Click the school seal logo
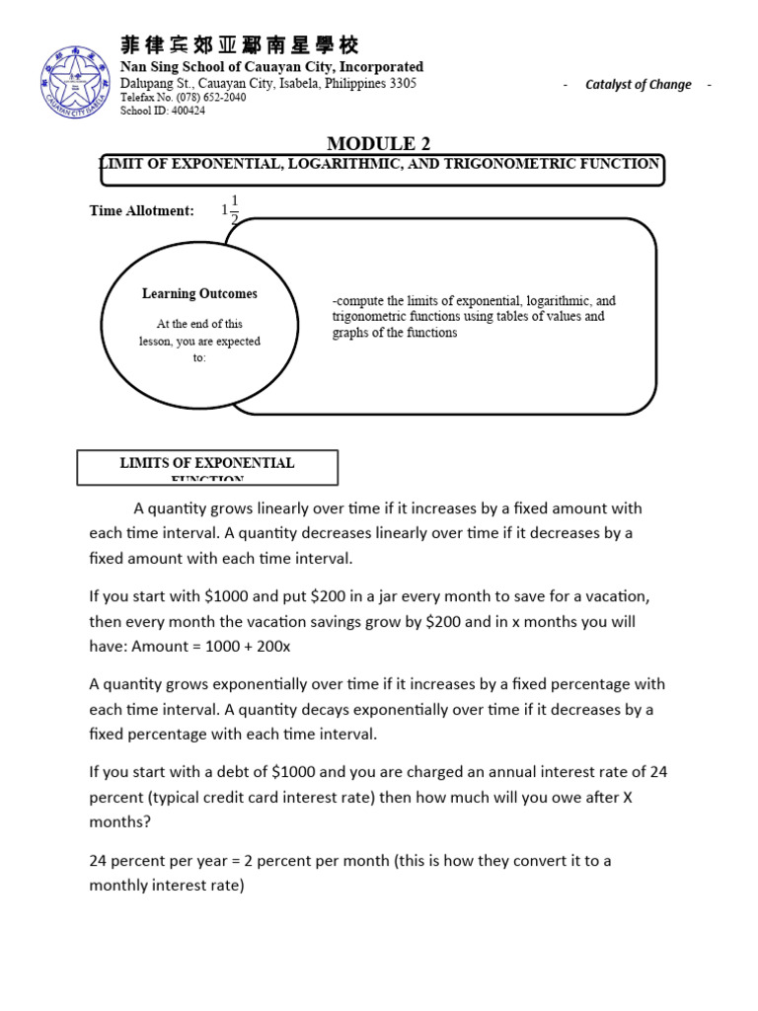77,81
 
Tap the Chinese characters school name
240,45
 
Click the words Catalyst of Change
638,85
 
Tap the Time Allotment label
141,210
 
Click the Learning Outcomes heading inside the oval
199,293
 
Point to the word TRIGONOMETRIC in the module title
520,164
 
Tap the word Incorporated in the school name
376,67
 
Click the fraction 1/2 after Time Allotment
234,210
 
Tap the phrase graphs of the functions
395,333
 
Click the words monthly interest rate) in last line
166,885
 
